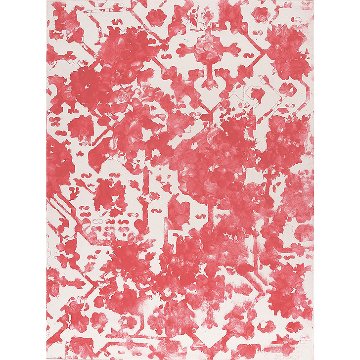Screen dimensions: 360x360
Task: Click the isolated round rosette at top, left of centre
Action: point(157,18)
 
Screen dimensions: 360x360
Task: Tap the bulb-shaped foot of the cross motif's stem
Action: point(208,82)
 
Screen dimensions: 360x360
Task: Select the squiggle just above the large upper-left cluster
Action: point(119,23)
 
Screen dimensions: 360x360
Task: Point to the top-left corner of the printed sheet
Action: point(47,0)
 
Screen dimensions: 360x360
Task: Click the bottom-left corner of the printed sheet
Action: point(47,359)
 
